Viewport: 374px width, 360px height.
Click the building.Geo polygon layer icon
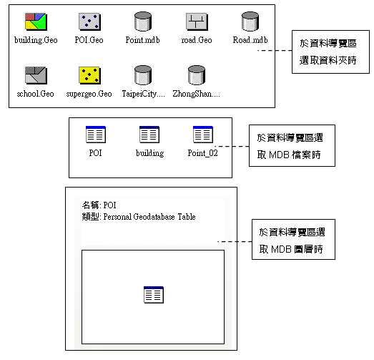[36, 21]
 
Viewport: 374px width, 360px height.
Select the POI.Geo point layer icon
[89, 21]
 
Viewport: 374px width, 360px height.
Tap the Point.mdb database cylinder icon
[143, 21]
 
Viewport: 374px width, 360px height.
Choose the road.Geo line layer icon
[197, 21]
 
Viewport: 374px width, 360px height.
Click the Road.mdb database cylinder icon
[250, 21]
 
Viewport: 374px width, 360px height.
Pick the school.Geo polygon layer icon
[36, 75]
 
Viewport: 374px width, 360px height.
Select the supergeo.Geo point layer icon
[89, 75]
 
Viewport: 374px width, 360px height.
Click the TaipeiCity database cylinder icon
[143, 75]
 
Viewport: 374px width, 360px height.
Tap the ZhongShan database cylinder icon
[197, 75]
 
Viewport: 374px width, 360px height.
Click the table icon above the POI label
[96, 135]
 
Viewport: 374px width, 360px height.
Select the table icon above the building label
[149, 135]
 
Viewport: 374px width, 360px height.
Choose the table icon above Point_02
[203, 135]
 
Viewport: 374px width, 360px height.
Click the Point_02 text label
[203, 153]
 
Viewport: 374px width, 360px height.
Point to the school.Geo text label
[36, 94]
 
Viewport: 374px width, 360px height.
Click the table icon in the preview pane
[154, 295]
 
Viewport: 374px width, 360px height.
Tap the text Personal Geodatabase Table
[149, 217]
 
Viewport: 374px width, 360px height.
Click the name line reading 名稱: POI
[99, 205]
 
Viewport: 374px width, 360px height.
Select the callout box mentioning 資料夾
[330, 52]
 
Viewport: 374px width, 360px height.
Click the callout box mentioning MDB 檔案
[292, 145]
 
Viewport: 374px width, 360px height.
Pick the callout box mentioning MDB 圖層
[293, 240]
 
